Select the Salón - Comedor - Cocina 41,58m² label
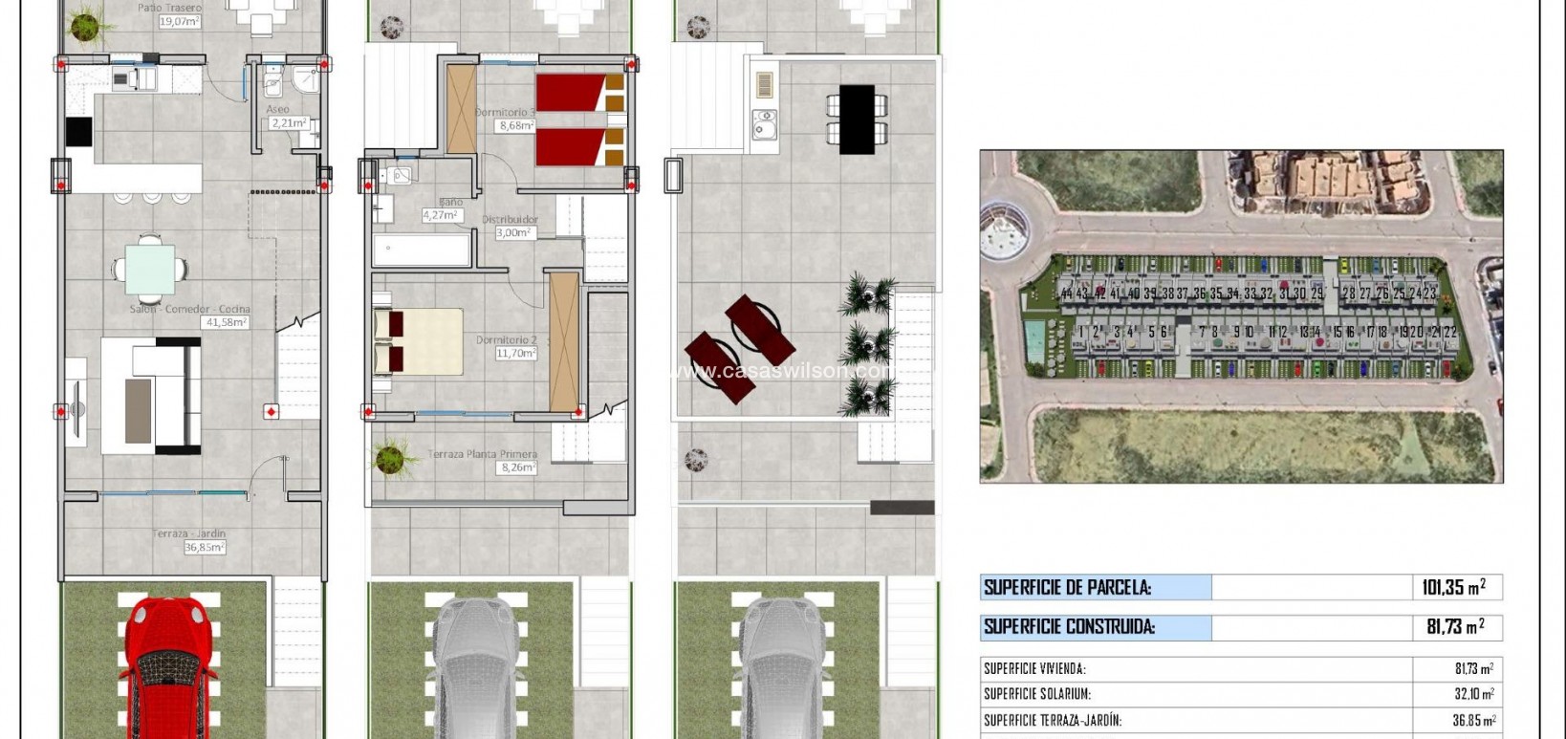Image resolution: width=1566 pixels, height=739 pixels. coord(190,315)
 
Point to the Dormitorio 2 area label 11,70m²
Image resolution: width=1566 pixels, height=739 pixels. coord(507,346)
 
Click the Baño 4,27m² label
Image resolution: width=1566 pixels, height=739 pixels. coord(444,209)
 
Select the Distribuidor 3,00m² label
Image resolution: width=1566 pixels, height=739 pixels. coord(511,226)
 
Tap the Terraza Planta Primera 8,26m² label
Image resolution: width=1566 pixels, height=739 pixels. coord(482,461)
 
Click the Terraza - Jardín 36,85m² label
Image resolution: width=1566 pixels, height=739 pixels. coord(190,540)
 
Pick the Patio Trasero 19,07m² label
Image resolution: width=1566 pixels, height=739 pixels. coord(169,13)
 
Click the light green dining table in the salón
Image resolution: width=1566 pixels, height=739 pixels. coord(150,270)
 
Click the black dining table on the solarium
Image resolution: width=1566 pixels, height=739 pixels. coord(857,119)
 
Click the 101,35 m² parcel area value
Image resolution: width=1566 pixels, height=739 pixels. coord(1452,587)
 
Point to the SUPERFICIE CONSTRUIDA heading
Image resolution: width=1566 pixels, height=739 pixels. coord(1069,627)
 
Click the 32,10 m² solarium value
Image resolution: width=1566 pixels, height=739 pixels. coord(1472,694)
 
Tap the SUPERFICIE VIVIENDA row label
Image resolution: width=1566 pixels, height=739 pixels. coord(1034,669)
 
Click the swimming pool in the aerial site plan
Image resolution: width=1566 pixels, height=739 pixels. coord(1034,336)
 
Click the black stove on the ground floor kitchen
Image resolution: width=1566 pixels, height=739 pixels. coord(78,132)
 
